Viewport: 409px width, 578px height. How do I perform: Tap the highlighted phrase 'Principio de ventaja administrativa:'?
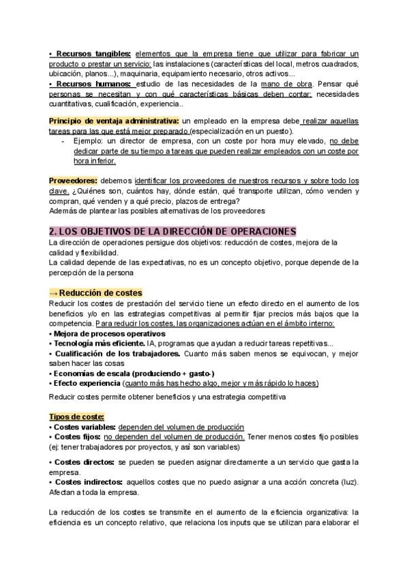(x=113, y=121)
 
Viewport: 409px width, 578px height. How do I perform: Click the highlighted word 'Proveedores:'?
(x=72, y=181)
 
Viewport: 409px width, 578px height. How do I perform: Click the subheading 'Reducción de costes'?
(x=96, y=292)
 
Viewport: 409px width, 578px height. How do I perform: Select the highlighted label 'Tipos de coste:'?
(x=76, y=416)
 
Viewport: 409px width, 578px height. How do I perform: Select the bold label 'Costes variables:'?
(x=80, y=427)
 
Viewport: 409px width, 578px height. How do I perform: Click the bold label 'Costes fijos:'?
(x=76, y=436)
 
